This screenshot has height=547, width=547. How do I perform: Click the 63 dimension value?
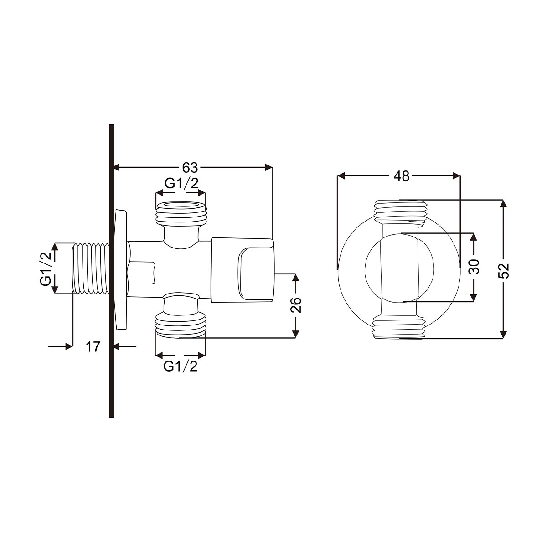pyautogui.click(x=190, y=168)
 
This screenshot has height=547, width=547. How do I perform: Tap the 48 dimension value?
pyautogui.click(x=402, y=176)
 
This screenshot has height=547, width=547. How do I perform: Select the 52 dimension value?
pyautogui.click(x=504, y=270)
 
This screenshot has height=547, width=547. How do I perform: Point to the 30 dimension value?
pyautogui.click(x=474, y=266)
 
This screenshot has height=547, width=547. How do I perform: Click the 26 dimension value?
pyautogui.click(x=295, y=305)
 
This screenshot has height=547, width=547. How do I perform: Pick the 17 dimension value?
pyautogui.click(x=93, y=346)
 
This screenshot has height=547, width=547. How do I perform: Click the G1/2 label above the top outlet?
pyautogui.click(x=181, y=184)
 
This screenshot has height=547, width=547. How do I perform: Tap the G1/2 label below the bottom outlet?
pyautogui.click(x=180, y=367)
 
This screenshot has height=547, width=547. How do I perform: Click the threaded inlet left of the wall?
pyautogui.click(x=91, y=268)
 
